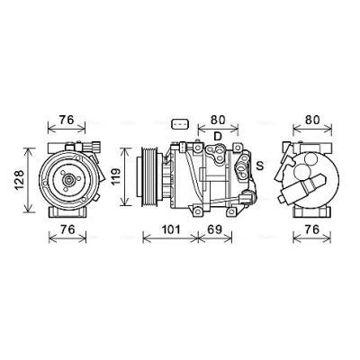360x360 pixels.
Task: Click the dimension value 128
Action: pyautogui.click(x=19, y=180)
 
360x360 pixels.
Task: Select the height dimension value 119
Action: pyautogui.click(x=115, y=176)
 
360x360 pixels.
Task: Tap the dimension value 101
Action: pyautogui.click(x=171, y=229)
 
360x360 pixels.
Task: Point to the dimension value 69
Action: pyautogui.click(x=215, y=229)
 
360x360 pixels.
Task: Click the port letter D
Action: pyautogui.click(x=218, y=137)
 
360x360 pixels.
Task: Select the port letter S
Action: pyautogui.click(x=260, y=166)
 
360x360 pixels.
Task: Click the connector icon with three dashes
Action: pyautogui.click(x=180, y=123)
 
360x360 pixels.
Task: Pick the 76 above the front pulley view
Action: pyautogui.click(x=67, y=120)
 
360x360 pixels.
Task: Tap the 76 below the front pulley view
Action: pyautogui.click(x=67, y=229)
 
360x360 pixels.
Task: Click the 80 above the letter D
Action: pyautogui.click(x=218, y=120)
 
